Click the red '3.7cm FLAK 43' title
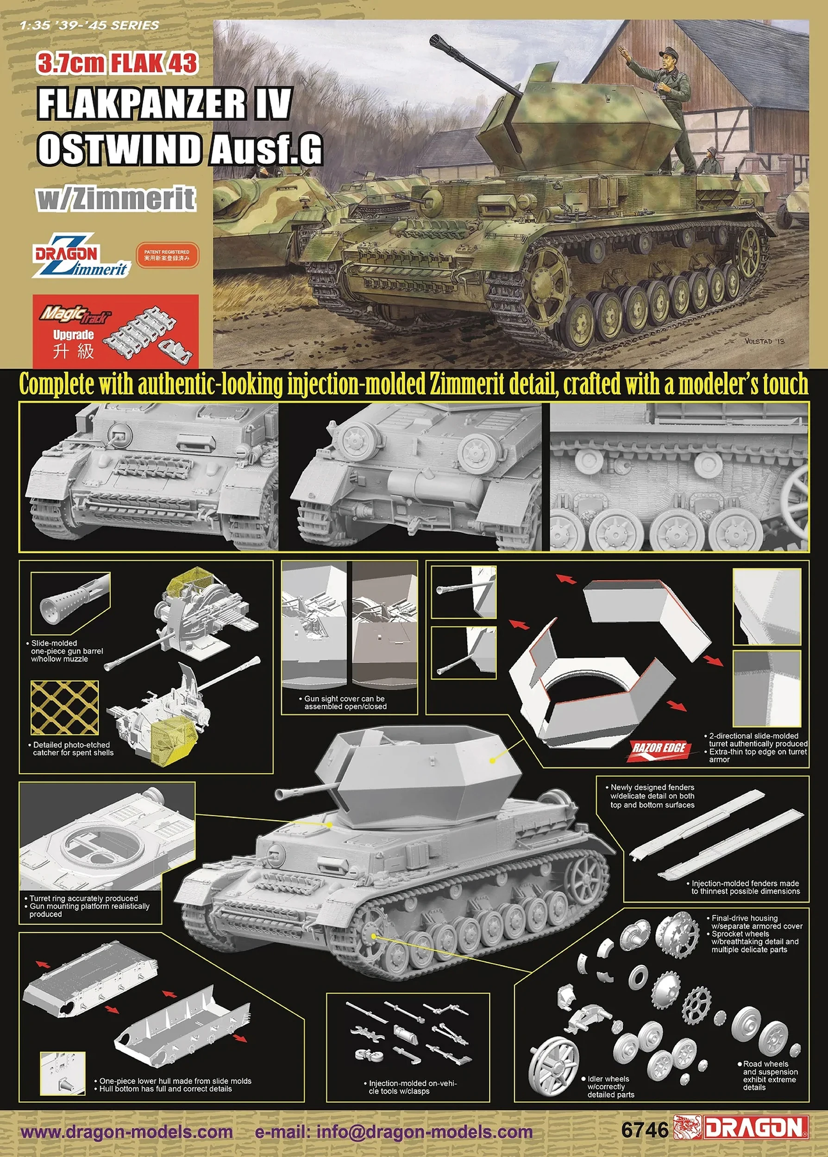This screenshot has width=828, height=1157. [117, 64]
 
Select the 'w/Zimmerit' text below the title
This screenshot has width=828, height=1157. [116, 199]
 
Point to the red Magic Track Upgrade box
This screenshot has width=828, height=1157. [115, 331]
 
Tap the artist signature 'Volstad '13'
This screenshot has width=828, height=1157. [764, 341]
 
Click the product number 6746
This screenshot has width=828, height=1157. [645, 1130]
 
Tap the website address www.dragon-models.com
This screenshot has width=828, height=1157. [126, 1132]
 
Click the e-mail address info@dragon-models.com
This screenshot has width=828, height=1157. [394, 1132]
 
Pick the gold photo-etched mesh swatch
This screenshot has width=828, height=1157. [65, 708]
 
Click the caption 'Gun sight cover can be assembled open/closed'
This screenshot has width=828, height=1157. [345, 703]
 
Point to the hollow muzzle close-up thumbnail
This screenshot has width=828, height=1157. [70, 603]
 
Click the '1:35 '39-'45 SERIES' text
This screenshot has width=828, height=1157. [89, 25]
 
